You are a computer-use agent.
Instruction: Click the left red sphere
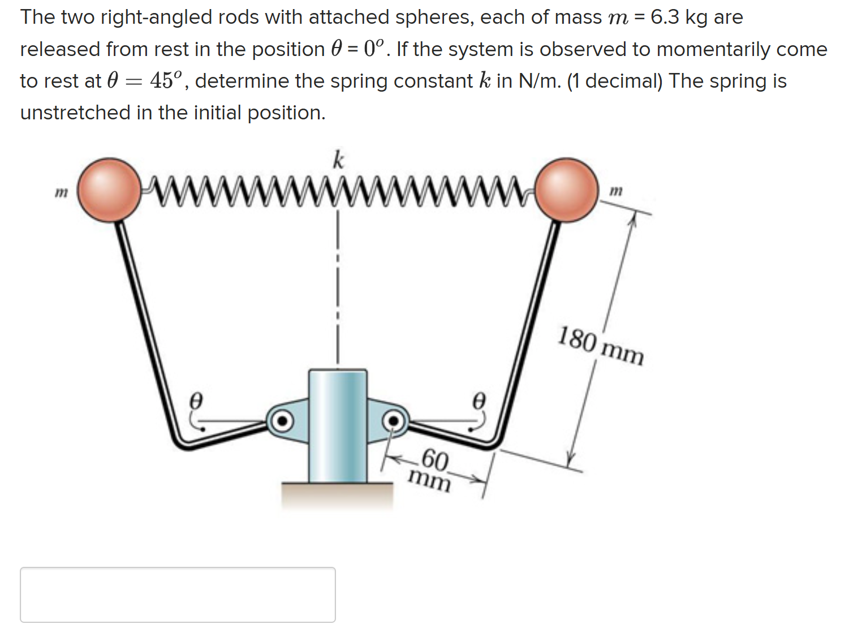pos(109,189)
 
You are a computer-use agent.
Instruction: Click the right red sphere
pos(567,189)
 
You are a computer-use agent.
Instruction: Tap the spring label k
pos(338,160)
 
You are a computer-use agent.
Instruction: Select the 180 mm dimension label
pos(601,346)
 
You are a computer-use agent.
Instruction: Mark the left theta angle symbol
pos(195,401)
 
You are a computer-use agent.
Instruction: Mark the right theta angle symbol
pos(479,401)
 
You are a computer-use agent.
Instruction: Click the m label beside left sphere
pos(61,193)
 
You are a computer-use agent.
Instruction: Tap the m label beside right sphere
pos(617,191)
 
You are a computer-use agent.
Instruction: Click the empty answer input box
pos(178,595)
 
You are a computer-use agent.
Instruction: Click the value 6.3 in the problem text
pos(665,17)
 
